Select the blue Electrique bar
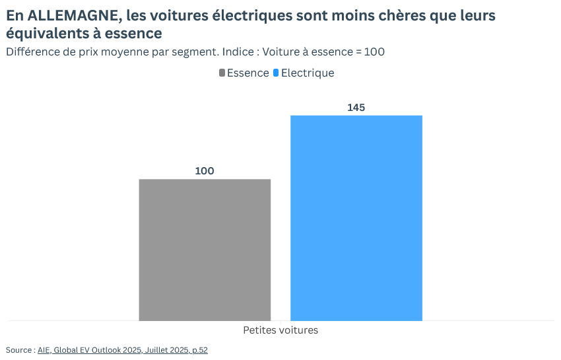356,218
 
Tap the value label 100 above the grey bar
205,171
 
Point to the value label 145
356,108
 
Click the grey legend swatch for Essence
222,73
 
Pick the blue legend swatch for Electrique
276,73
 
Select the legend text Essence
248,73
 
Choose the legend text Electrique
308,73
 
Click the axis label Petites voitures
280,330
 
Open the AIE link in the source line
44,350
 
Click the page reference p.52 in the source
199,350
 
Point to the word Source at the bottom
18,350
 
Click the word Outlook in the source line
103,350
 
